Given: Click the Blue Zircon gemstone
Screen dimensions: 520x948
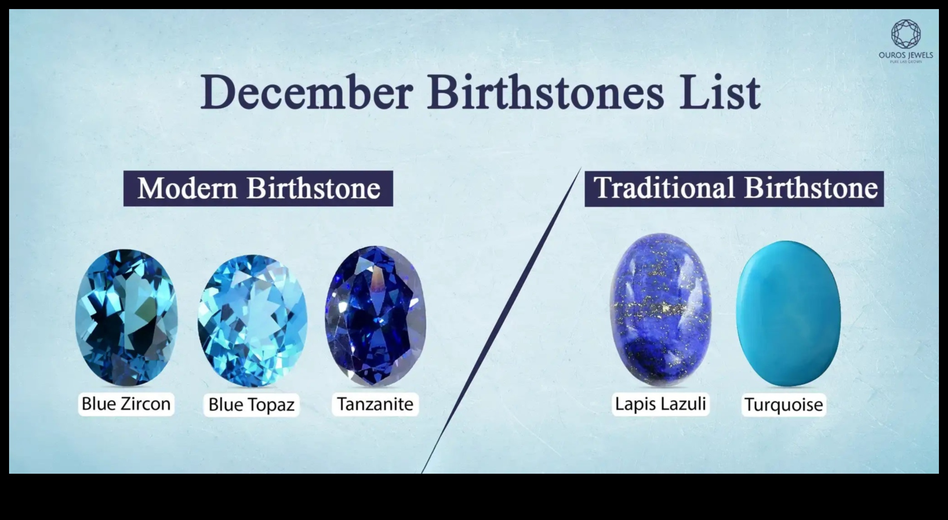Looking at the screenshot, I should [126, 317].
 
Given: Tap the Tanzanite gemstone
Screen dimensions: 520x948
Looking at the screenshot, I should [375, 316].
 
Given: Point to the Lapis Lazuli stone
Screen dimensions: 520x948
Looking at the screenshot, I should [660, 309].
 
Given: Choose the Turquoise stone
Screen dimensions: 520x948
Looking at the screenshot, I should [788, 314].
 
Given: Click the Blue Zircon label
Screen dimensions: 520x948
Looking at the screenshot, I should [126, 404].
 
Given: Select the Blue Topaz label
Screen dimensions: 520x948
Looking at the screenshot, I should [252, 405].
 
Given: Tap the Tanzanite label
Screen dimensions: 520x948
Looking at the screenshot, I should [375, 404].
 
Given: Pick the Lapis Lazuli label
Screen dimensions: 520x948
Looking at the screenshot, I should [660, 403].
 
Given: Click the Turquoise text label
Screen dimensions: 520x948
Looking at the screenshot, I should [784, 405].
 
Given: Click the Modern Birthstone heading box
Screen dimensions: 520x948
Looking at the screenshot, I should [258, 188].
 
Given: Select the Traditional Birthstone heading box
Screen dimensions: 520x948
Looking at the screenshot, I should [734, 188].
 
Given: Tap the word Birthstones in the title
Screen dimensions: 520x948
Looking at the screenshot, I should [545, 93].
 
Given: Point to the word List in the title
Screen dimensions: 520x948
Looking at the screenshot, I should [720, 93].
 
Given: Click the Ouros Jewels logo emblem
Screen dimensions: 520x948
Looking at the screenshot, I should [905, 34].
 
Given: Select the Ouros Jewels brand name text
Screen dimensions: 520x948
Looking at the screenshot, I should [905, 55].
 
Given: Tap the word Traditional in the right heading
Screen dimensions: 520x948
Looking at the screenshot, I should [664, 188].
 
